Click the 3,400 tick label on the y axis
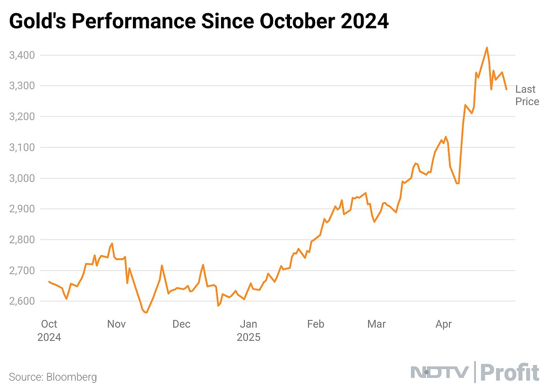(x=22, y=55)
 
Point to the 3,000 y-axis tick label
(x=22, y=178)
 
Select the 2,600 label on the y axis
(x=22, y=301)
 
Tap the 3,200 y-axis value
(x=22, y=117)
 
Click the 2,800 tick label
(x=22, y=240)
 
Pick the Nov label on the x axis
(x=116, y=324)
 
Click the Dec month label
(x=181, y=324)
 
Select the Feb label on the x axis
(x=315, y=324)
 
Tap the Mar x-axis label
(x=376, y=324)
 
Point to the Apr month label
(x=443, y=324)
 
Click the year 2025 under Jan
(x=248, y=338)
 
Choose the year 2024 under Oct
(x=49, y=338)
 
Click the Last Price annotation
(x=527, y=95)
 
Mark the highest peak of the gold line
(x=487, y=47)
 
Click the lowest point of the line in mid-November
(x=147, y=313)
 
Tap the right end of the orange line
(x=506, y=89)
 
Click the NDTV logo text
(x=439, y=373)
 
